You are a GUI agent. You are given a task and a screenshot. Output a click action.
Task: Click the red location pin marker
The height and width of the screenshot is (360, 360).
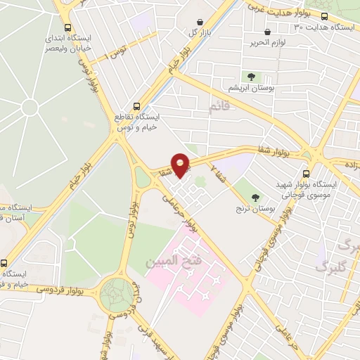tap(181, 165)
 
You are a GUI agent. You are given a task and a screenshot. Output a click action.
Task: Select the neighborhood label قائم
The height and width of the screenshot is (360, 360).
tap(219, 107)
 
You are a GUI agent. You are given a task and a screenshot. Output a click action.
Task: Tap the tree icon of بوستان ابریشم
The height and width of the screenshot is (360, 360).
tap(250, 77)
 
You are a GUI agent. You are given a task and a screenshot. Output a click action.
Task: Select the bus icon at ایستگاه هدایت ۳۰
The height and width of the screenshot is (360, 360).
tap(324, 16)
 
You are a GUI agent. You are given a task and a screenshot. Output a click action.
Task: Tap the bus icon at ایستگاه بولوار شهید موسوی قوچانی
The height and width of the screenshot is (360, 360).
tap(306, 173)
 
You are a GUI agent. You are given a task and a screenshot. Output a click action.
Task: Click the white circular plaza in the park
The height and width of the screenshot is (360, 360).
tap(30, 107)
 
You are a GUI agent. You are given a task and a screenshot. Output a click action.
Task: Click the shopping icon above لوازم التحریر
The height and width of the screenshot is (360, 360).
tap(267, 32)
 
